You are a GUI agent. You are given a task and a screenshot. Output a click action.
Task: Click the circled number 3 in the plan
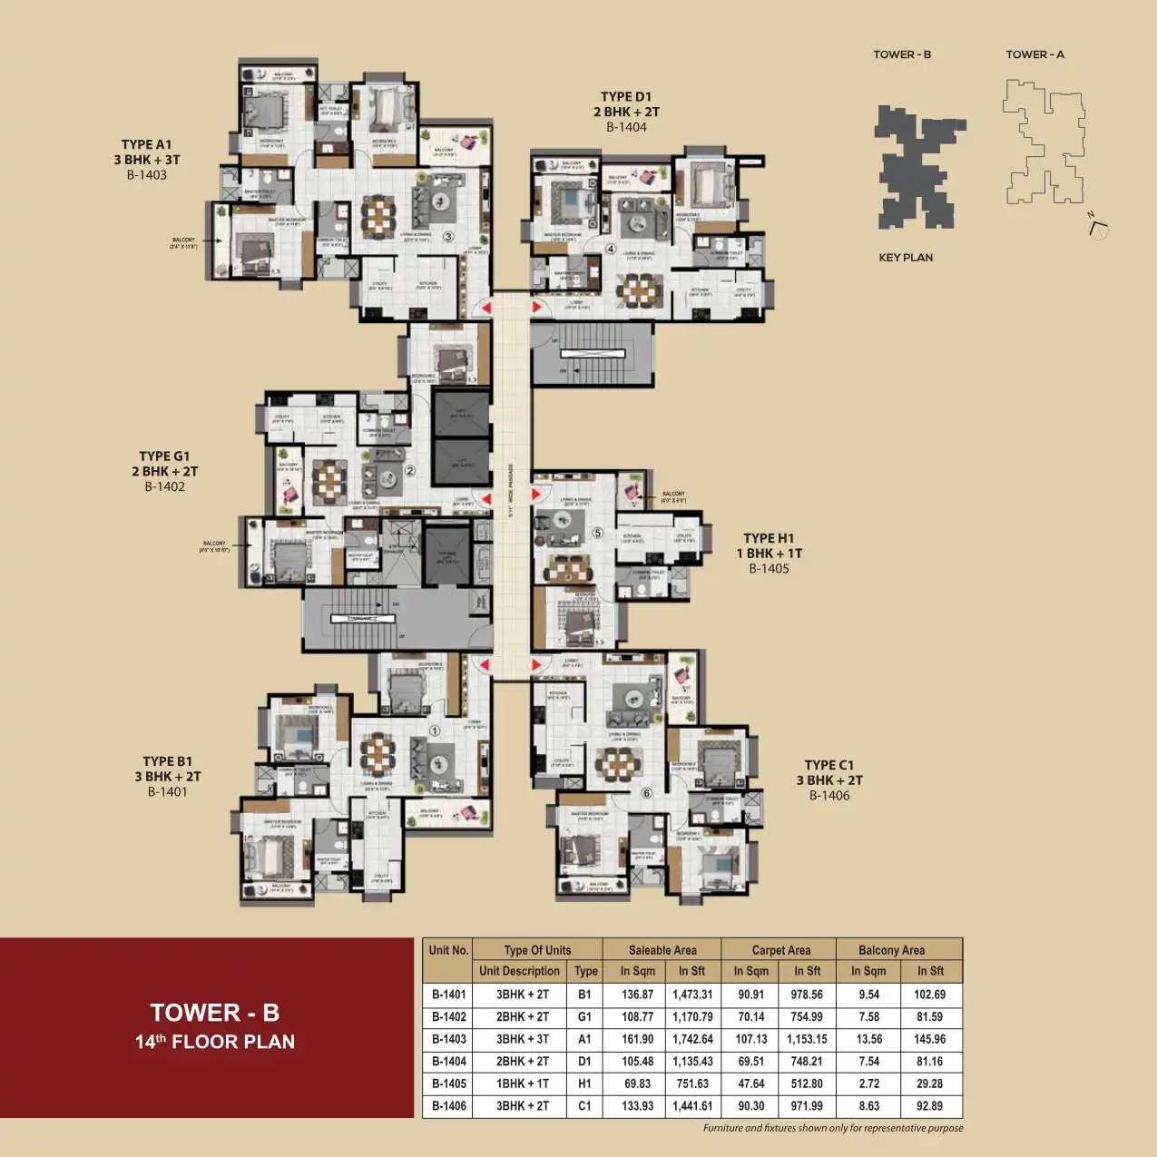pyautogui.click(x=448, y=238)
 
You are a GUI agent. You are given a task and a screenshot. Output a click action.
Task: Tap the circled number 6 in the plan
pyautogui.click(x=647, y=792)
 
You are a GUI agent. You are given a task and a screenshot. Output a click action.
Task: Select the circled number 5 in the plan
pyautogui.click(x=597, y=533)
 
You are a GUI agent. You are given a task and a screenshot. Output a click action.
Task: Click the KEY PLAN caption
pyautogui.click(x=905, y=258)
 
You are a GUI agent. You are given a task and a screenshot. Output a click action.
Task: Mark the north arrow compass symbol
pyautogui.click(x=1098, y=227)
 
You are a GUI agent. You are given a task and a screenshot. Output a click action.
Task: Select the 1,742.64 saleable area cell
pyautogui.click(x=692, y=1039)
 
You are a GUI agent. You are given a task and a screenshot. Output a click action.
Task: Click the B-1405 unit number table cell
pyautogui.click(x=448, y=1083)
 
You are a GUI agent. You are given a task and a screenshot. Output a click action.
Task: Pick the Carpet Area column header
pyautogui.click(x=780, y=950)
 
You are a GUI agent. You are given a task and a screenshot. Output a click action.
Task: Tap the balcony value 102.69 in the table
pyautogui.click(x=929, y=995)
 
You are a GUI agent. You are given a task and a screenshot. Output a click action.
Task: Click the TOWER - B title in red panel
pyautogui.click(x=214, y=1013)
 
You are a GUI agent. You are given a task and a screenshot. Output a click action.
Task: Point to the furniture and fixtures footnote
pyautogui.click(x=832, y=1128)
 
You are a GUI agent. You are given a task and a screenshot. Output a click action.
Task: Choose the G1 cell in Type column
pyautogui.click(x=585, y=1017)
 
